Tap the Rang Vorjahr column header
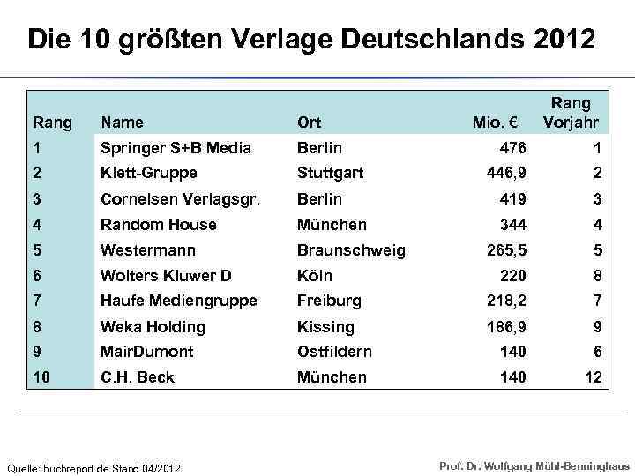[571, 113]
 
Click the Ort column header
[310, 123]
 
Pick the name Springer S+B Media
[176, 147]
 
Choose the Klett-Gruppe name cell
[148, 173]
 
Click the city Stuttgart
[330, 173]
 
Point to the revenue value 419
[512, 199]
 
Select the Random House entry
[158, 225]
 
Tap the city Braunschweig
[351, 250]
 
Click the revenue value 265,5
[506, 250]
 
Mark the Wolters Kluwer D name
[166, 276]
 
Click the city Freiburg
[329, 301]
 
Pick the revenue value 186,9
[506, 327]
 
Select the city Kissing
[325, 327]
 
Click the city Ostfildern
[334, 352]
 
